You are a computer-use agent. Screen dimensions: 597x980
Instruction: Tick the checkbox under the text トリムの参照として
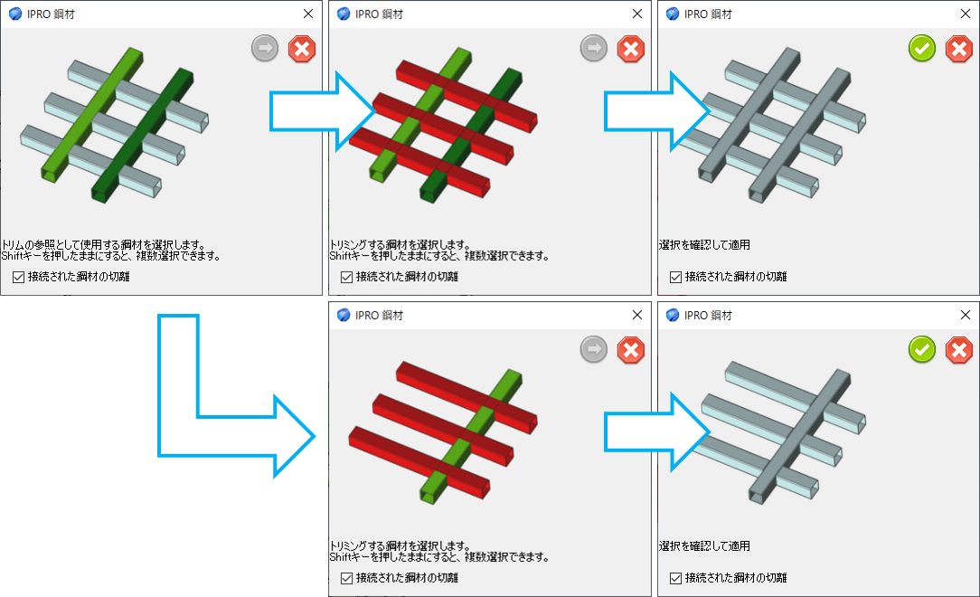click(x=19, y=276)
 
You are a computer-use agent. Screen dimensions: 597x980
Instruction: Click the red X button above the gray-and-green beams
click(x=302, y=50)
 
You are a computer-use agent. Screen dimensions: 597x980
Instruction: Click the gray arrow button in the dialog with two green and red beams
click(x=593, y=50)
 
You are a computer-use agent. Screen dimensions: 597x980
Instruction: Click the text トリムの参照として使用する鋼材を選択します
click(x=103, y=244)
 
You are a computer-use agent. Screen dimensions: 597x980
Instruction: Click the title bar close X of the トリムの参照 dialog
click(x=308, y=14)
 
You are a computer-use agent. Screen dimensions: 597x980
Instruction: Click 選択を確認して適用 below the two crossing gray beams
click(x=705, y=244)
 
